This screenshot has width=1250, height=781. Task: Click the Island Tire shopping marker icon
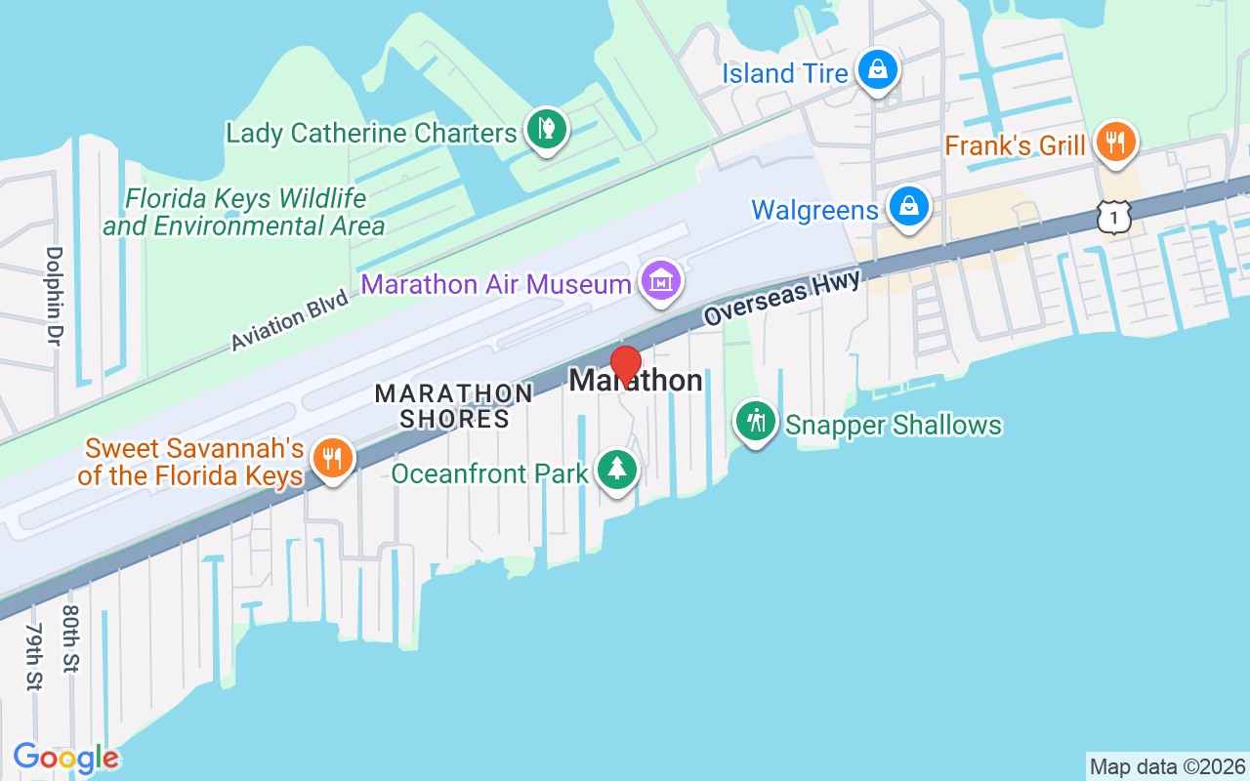coord(878,70)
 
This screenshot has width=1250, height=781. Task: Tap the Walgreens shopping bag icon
coord(909,207)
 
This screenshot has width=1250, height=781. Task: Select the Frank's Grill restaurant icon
coord(1114,144)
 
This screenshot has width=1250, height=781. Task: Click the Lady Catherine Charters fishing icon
coord(547,130)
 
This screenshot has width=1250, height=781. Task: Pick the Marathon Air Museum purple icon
coord(660,282)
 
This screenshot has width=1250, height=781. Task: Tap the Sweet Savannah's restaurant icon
coord(333,458)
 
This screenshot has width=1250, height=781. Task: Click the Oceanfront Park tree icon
coord(616,471)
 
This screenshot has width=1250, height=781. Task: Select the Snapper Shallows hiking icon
coord(755,422)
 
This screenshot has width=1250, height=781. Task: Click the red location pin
coord(625,365)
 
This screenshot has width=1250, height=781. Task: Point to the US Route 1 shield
coord(1114,216)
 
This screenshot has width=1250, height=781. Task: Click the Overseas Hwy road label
coord(782,298)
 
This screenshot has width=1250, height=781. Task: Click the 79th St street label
coord(34,655)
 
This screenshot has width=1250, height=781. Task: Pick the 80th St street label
coord(70,638)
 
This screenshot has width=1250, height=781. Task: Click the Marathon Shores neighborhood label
coord(454,406)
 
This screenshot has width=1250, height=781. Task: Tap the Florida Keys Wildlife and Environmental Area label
coord(244,213)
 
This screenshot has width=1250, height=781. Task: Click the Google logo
coord(66,758)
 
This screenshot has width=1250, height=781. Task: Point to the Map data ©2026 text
coord(1167,766)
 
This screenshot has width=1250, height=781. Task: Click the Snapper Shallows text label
coord(894,426)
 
